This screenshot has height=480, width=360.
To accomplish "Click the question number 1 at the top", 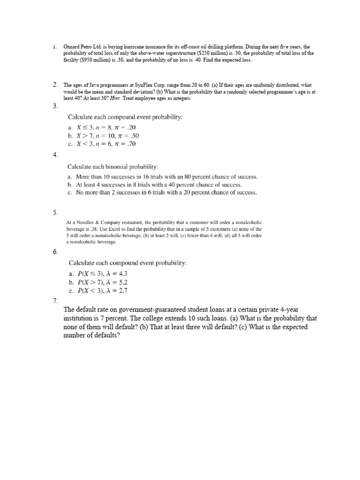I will (54, 47).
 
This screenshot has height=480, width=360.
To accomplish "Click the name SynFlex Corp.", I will (143, 85).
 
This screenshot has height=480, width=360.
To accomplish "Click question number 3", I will (55, 106).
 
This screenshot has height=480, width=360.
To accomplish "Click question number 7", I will (55, 301).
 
